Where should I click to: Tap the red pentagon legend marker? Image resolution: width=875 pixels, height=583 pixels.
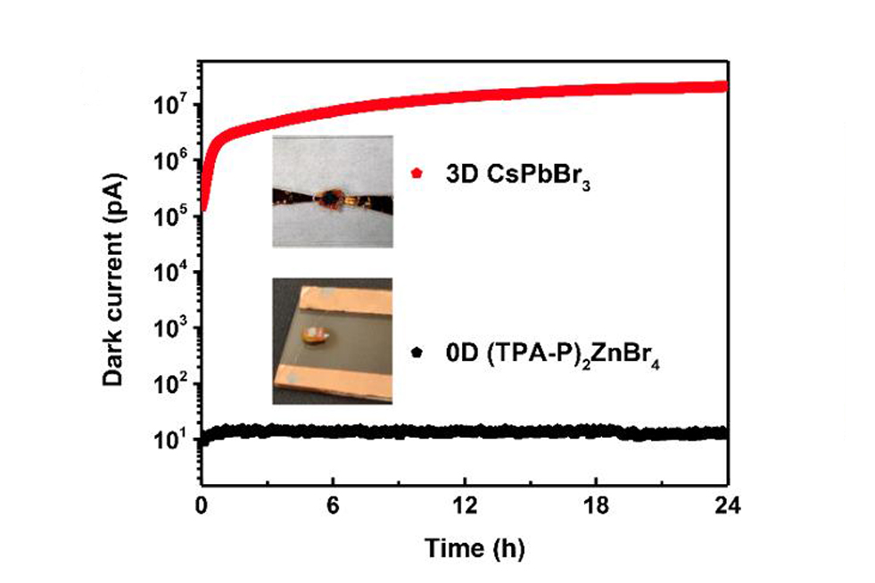415,172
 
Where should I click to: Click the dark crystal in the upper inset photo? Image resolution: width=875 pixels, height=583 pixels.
330,196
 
